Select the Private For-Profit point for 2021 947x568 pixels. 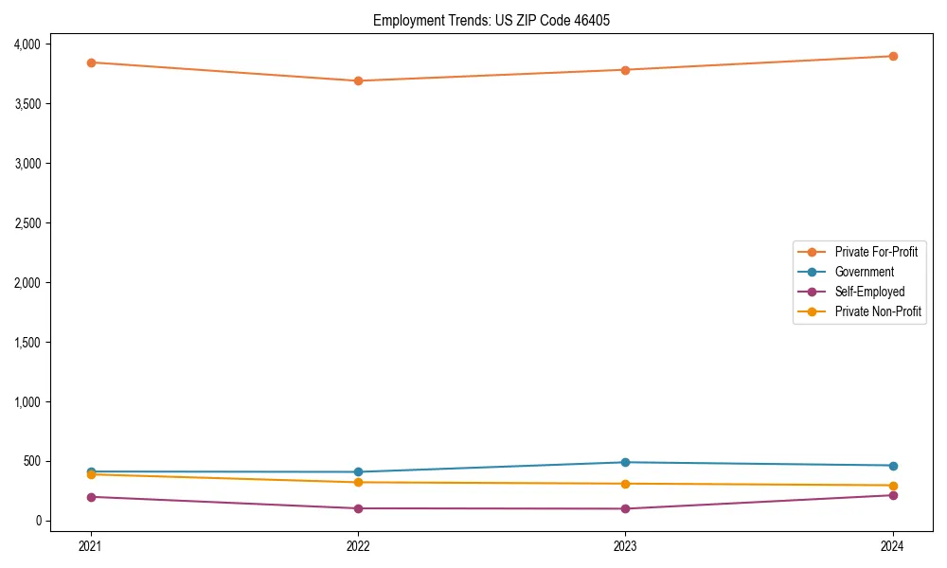click(x=91, y=62)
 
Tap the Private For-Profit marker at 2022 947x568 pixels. click(x=358, y=80)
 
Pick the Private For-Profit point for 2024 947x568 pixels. click(x=893, y=56)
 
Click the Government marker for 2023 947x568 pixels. click(x=625, y=462)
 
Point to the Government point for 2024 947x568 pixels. click(x=893, y=466)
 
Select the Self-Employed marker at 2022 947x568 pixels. click(x=358, y=508)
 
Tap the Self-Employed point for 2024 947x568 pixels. click(x=893, y=495)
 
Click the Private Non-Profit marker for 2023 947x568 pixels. click(x=625, y=484)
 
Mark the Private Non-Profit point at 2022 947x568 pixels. click(x=358, y=482)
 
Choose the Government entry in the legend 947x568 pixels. click(x=864, y=272)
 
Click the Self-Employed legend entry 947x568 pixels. click(x=869, y=292)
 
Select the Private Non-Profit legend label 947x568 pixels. click(x=878, y=311)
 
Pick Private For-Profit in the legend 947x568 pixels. click(x=876, y=252)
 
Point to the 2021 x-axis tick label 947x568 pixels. click(x=91, y=545)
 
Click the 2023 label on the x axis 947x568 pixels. click(x=625, y=545)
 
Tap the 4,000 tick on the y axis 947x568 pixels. click(x=27, y=44)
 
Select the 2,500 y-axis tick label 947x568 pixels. click(x=27, y=223)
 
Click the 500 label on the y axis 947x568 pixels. click(x=32, y=462)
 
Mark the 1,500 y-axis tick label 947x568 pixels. click(x=27, y=343)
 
